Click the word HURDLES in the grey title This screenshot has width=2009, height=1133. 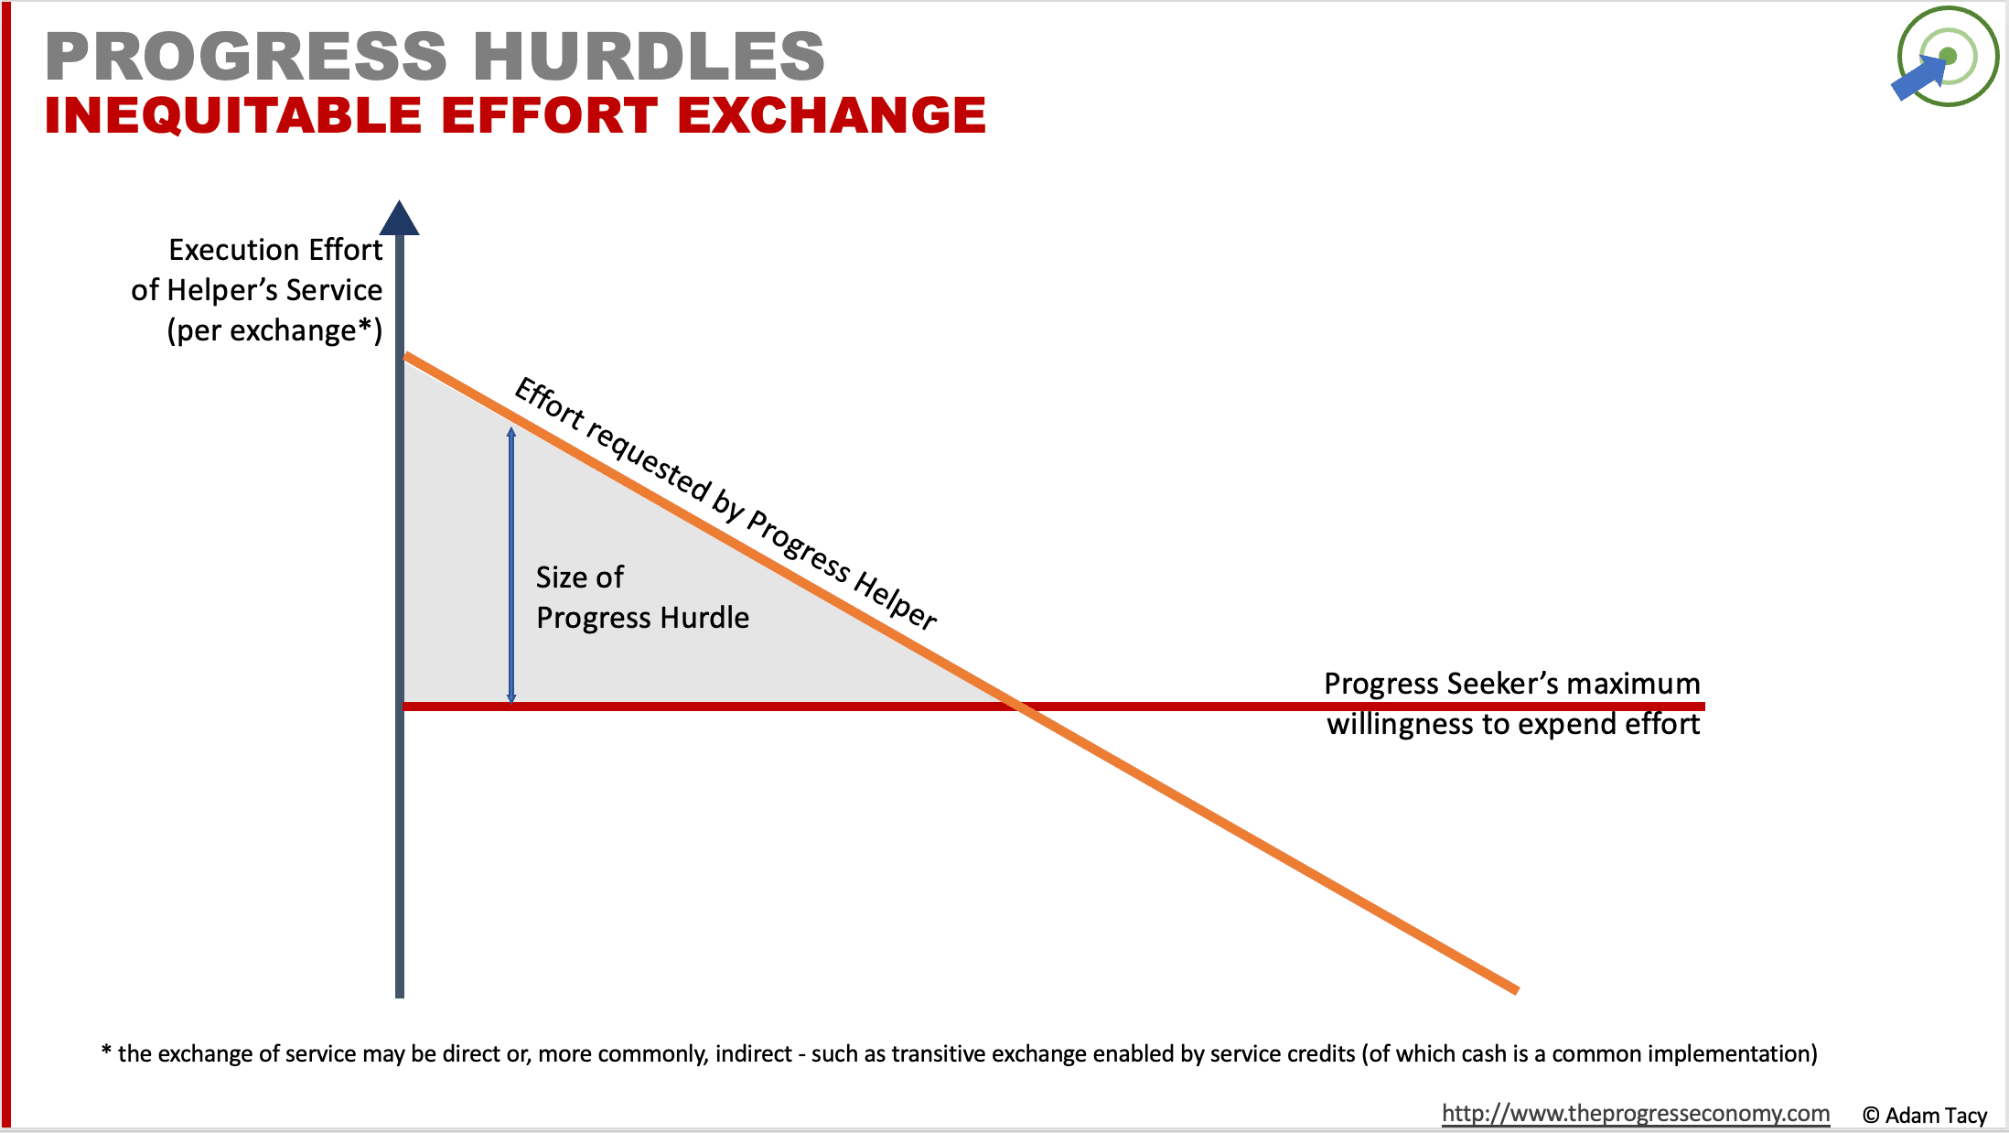click(x=649, y=57)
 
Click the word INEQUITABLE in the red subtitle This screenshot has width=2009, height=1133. click(x=233, y=116)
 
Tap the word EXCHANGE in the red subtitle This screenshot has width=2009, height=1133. click(x=832, y=116)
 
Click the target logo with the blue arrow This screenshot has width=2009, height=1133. click(x=1946, y=58)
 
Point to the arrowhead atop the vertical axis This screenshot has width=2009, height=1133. click(x=400, y=219)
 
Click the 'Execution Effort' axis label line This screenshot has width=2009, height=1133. click(x=275, y=250)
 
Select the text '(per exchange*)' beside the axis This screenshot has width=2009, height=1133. click(x=274, y=330)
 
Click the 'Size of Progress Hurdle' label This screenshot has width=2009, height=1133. click(x=642, y=598)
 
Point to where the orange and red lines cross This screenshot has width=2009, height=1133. click(x=1019, y=706)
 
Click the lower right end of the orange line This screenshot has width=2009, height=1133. click(x=1515, y=988)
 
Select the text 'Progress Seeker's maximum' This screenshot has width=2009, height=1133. click(x=1511, y=684)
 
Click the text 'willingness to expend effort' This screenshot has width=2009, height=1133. click(x=1513, y=724)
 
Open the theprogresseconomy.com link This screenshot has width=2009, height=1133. click(x=1635, y=1114)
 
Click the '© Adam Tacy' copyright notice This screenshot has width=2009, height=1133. click(x=1925, y=1115)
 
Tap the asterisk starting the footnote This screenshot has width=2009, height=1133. click(x=106, y=1052)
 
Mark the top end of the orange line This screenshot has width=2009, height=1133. click(x=408, y=357)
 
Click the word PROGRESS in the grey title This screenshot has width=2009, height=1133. click(x=246, y=57)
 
